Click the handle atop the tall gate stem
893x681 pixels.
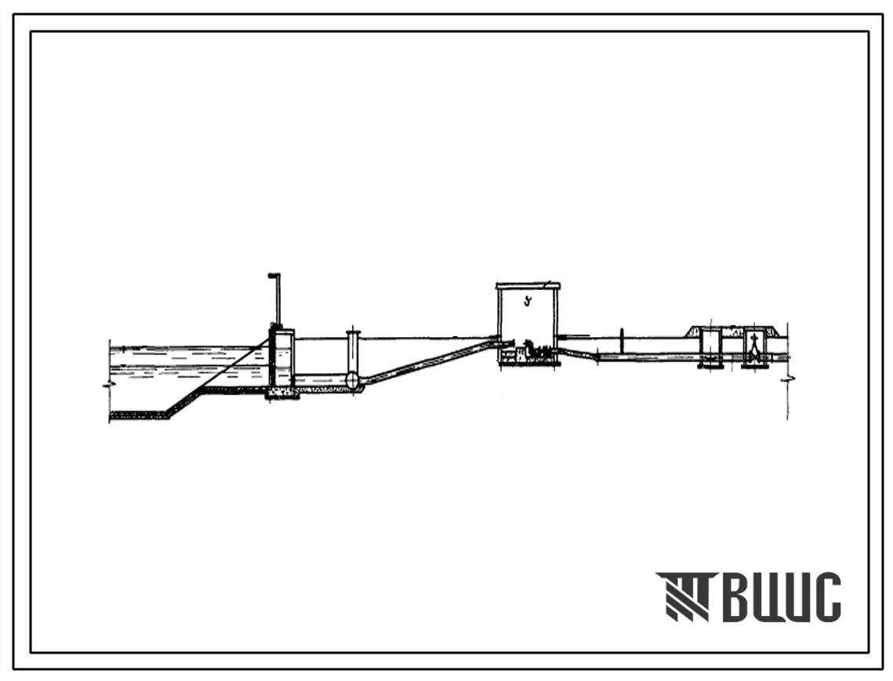tap(274, 276)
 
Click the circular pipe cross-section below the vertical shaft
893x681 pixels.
tap(353, 379)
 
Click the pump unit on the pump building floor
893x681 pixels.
tap(536, 349)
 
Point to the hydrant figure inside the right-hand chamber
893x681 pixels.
tap(754, 346)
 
